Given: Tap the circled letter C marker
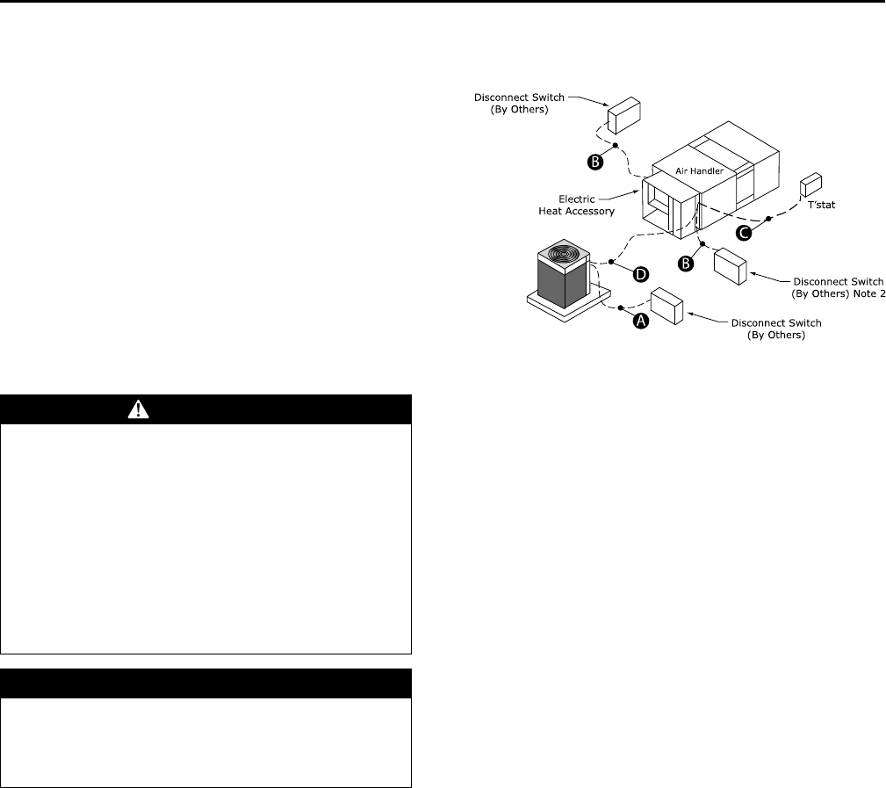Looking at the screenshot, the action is tap(744, 233).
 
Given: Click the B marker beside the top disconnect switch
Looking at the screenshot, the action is tap(594, 161).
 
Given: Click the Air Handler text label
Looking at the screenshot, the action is tap(699, 173).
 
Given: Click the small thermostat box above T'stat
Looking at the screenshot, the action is tap(810, 186).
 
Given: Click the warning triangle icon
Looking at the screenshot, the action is tap(206, 409).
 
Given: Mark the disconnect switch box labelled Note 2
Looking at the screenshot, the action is tap(730, 266).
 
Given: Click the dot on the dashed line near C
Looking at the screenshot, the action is tap(768, 218).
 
